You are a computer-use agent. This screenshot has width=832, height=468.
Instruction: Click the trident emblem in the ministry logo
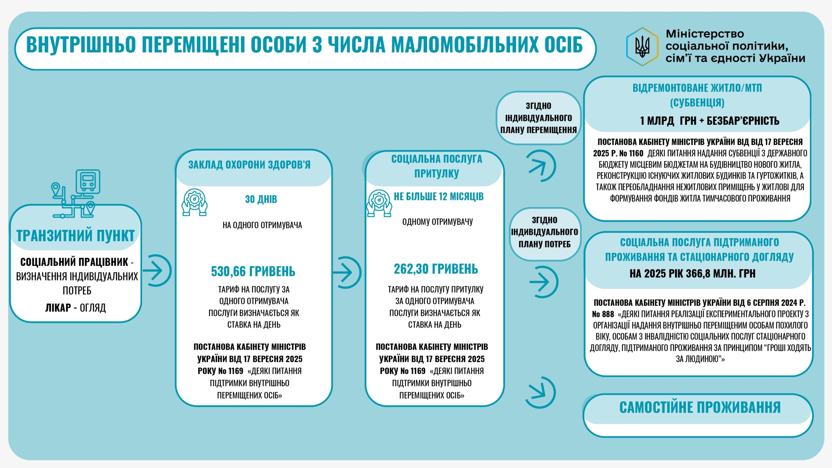click(x=642, y=47)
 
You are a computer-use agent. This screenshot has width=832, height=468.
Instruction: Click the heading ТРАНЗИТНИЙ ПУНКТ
click(x=75, y=236)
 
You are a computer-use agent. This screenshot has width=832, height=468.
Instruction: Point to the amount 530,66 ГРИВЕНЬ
click(x=253, y=271)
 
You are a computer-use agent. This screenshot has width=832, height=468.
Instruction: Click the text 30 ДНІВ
click(x=261, y=199)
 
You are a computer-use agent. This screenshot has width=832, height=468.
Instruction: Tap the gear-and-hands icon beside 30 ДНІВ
click(x=194, y=202)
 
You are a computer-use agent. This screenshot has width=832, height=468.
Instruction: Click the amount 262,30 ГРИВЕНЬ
click(x=436, y=269)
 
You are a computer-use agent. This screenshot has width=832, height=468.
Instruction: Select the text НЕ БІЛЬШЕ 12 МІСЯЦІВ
click(x=438, y=197)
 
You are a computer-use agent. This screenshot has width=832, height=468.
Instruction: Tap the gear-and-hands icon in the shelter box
click(x=379, y=203)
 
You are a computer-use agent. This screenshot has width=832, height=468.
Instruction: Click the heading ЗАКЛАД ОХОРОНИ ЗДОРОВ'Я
click(x=249, y=165)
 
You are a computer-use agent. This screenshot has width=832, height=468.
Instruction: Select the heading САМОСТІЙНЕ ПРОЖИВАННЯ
click(x=700, y=408)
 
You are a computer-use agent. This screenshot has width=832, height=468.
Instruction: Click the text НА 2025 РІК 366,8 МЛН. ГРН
click(x=692, y=274)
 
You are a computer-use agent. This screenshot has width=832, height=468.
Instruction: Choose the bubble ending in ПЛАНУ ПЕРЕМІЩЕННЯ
click(x=538, y=118)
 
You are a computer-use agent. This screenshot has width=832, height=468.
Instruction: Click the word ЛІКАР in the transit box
click(x=58, y=307)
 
